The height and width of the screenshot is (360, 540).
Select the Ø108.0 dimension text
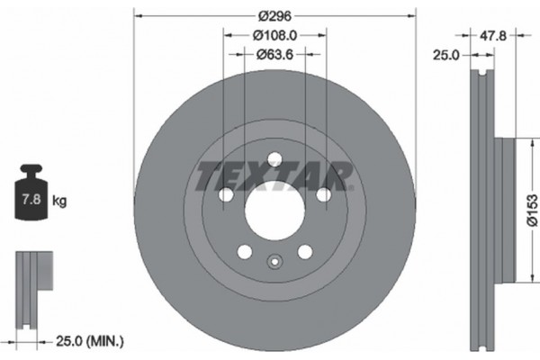click(276, 36)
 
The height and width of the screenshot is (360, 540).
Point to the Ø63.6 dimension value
click(276, 55)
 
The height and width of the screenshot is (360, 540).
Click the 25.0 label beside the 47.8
click(446, 55)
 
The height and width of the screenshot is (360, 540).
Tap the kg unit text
click(59, 202)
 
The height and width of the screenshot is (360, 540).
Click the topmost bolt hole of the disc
click(275, 159)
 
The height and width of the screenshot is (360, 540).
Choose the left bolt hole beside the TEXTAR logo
click(226, 195)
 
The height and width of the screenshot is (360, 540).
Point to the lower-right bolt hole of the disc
click(305, 252)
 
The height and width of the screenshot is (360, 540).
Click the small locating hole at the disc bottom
click(275, 263)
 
